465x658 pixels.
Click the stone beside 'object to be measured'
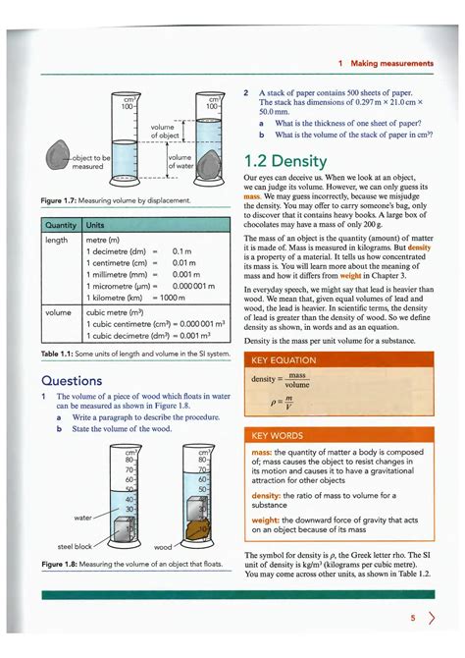(58, 157)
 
